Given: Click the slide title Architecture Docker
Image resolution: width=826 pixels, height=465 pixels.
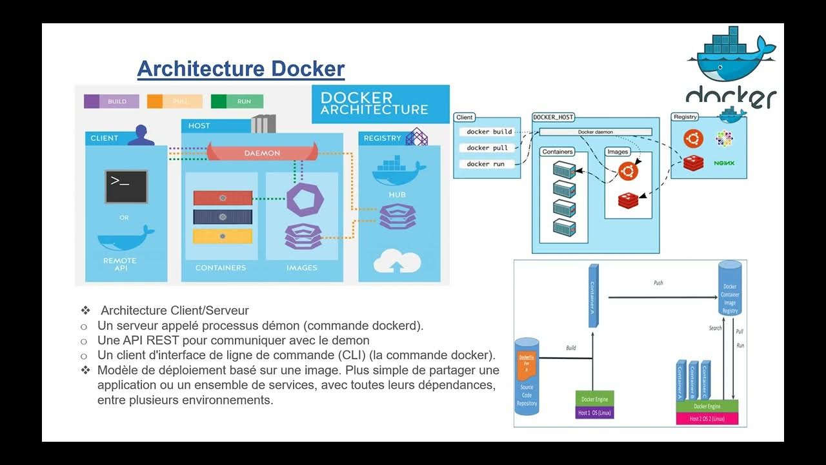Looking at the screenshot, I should click(x=241, y=68).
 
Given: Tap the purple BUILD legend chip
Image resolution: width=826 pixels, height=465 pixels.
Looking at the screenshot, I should click(x=111, y=101).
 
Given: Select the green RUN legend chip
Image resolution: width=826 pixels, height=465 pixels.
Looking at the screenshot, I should click(x=237, y=101).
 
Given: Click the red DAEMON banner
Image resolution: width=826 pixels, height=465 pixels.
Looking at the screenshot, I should click(x=262, y=153).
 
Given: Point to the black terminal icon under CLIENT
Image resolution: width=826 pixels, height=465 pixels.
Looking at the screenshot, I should click(x=126, y=186).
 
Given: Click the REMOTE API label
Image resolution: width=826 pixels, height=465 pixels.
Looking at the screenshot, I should click(x=119, y=264).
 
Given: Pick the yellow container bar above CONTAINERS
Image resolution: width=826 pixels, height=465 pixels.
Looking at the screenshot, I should click(x=223, y=236).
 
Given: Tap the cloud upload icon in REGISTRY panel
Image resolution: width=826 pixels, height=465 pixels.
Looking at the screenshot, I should click(x=398, y=262).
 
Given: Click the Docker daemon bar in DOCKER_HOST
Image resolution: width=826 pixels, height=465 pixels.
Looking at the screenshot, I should click(x=595, y=132).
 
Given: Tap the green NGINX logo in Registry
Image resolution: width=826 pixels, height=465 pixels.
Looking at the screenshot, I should click(x=724, y=163).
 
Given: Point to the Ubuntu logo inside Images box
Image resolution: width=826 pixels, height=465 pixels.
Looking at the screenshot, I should click(x=628, y=171).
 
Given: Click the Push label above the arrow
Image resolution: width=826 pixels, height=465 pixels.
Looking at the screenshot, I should click(x=658, y=283).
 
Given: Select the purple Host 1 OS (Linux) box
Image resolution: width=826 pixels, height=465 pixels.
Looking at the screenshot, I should click(x=594, y=413).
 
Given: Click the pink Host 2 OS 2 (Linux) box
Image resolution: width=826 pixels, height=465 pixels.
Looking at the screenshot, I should click(x=707, y=418).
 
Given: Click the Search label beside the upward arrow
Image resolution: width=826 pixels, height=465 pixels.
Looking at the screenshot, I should click(x=715, y=328).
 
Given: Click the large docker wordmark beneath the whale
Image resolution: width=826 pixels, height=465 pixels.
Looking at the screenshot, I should click(x=730, y=98).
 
